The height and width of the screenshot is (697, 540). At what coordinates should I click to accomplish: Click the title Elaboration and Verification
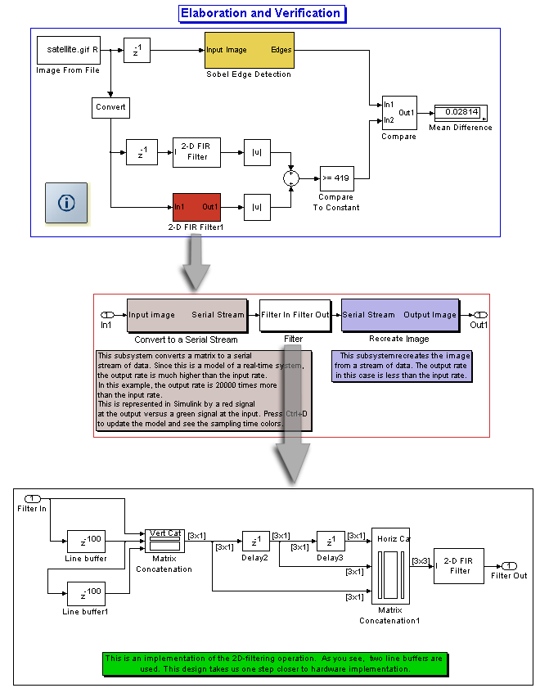tap(260, 14)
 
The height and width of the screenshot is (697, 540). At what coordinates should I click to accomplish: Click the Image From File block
tap(68, 50)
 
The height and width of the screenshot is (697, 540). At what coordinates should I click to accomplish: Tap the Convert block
tap(110, 107)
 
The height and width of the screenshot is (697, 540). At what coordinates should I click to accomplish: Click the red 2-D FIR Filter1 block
tap(196, 207)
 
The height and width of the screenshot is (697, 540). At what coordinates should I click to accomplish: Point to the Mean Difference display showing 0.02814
tap(460, 112)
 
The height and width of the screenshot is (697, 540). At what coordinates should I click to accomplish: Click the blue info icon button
tap(66, 202)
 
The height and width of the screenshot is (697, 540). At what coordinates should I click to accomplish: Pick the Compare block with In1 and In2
tap(398, 112)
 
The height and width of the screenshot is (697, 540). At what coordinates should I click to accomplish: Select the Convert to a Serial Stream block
tap(187, 315)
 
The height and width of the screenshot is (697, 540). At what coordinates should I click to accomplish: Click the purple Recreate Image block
tap(399, 315)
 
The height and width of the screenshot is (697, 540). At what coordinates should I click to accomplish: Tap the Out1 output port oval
tap(481, 315)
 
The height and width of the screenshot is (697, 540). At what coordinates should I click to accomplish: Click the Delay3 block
tap(331, 541)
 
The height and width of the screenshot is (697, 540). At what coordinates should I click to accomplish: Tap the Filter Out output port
tap(508, 565)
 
